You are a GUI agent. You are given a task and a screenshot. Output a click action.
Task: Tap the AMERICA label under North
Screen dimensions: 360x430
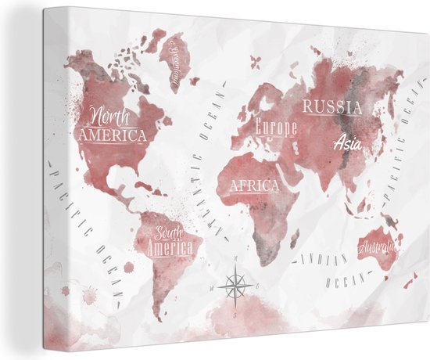(113, 135)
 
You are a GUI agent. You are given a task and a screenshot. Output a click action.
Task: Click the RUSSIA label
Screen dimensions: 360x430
(332, 107)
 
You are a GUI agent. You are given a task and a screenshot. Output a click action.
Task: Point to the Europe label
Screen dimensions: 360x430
(275, 127)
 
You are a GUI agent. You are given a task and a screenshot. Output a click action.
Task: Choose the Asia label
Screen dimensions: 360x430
(348, 142)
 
